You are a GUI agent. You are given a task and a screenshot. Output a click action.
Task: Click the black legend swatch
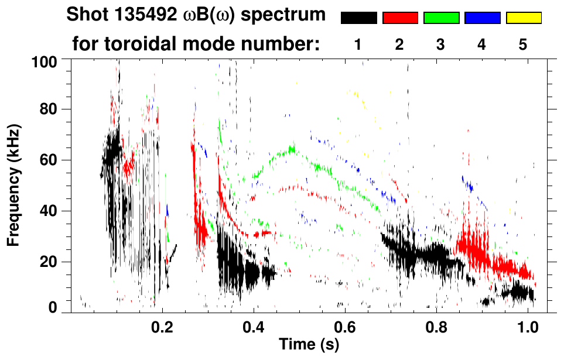coord(358,18)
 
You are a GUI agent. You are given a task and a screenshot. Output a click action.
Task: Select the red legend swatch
coord(400,18)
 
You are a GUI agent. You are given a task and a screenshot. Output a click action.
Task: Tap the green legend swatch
coord(441,18)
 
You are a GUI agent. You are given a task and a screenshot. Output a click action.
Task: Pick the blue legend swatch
coord(482,18)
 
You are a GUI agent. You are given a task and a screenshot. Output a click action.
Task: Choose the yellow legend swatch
coord(524,18)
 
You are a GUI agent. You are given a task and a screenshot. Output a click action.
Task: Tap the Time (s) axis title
coord(309,345)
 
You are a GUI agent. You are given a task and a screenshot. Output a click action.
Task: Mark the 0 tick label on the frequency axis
coord(53,307)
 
